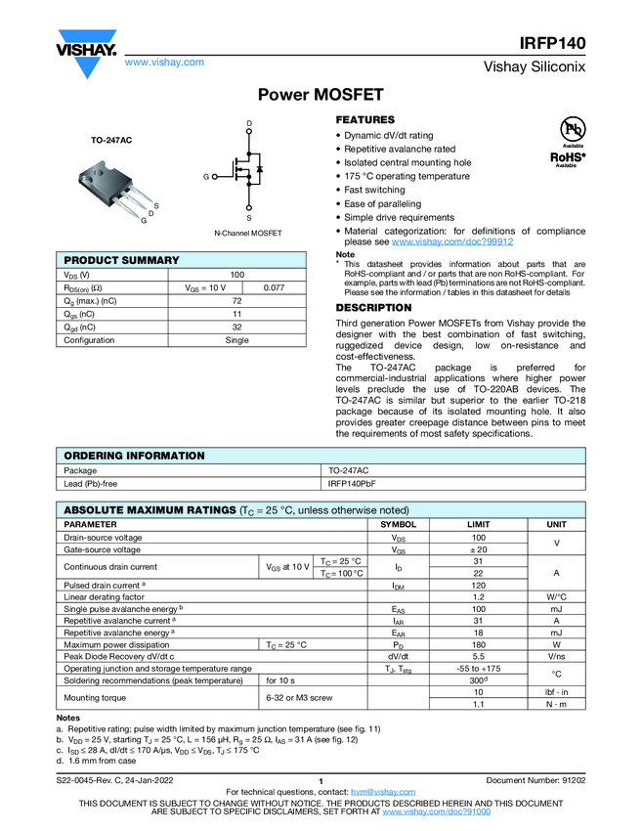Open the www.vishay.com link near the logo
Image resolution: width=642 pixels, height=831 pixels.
pyautogui.click(x=164, y=62)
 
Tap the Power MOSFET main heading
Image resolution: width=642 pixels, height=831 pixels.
pyautogui.click(x=321, y=95)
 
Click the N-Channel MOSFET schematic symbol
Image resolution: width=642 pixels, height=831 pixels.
pyautogui.click(x=248, y=173)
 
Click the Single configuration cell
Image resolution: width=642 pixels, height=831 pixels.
pyautogui.click(x=237, y=340)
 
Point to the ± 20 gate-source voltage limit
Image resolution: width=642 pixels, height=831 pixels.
pyautogui.click(x=479, y=550)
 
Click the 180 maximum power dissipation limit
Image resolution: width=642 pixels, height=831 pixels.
pyautogui.click(x=479, y=644)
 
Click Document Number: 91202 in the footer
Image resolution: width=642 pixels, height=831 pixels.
pyautogui.click(x=535, y=780)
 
